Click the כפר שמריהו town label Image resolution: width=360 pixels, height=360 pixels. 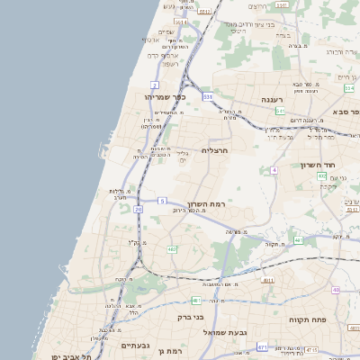tap(164, 96)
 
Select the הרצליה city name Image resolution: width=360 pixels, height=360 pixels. tap(214, 151)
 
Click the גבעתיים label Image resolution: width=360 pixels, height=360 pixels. tap(135, 346)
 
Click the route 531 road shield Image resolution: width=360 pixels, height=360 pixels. tap(208, 95)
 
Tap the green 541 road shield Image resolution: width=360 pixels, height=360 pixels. tap(280, 111)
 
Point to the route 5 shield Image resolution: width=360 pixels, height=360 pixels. tap(162, 200)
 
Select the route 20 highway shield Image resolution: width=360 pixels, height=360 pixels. tap(139, 210)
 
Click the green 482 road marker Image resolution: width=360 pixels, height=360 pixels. tap(171, 249)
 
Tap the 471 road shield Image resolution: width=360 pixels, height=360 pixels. tap(262, 346)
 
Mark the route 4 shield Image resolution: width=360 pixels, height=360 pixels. tap(273, 169)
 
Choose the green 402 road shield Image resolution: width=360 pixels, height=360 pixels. tap(321, 176)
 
